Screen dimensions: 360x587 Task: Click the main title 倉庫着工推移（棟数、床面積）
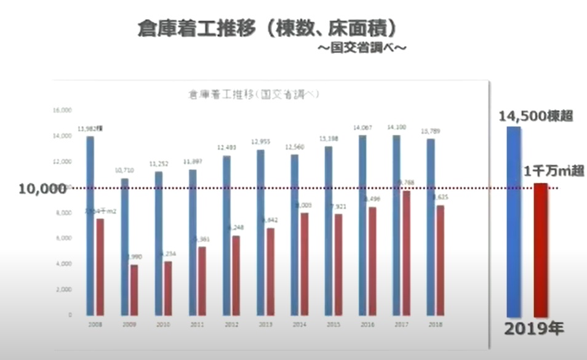266,28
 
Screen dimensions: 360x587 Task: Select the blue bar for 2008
90,225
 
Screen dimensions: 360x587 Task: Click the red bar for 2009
134,289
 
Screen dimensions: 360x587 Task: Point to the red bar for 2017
406,252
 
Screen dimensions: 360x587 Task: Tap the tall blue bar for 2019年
514,222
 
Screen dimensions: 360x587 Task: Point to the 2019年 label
534,329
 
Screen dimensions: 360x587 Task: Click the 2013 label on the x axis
265,324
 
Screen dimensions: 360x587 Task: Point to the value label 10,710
126,168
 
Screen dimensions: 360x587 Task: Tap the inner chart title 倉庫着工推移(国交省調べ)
252,95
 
